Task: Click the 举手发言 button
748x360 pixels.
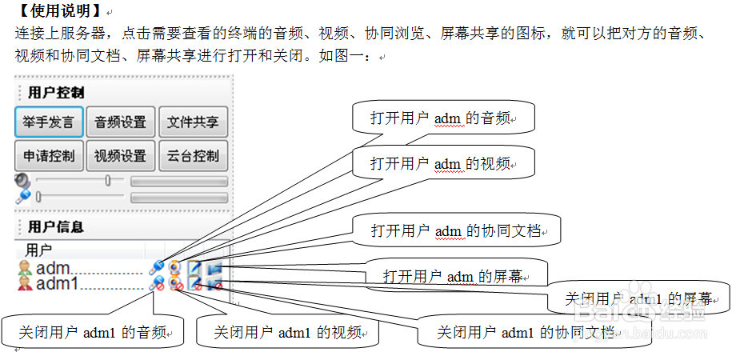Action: click(48, 122)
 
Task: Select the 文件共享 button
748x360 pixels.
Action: click(193, 122)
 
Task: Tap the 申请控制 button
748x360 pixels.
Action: click(48, 156)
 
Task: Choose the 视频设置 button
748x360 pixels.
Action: click(120, 156)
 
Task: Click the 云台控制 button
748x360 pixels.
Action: click(193, 156)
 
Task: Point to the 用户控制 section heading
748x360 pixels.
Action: click(56, 93)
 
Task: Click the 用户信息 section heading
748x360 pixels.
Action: click(56, 227)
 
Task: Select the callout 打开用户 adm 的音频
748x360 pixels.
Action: click(442, 118)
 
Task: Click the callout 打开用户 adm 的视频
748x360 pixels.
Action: click(442, 163)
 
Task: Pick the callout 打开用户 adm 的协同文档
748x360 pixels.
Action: click(456, 231)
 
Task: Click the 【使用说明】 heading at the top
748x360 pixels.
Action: click(58, 12)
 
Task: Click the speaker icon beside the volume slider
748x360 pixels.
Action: click(22, 182)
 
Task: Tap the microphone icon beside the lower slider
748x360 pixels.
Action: click(22, 196)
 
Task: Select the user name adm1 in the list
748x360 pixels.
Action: click(58, 283)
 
